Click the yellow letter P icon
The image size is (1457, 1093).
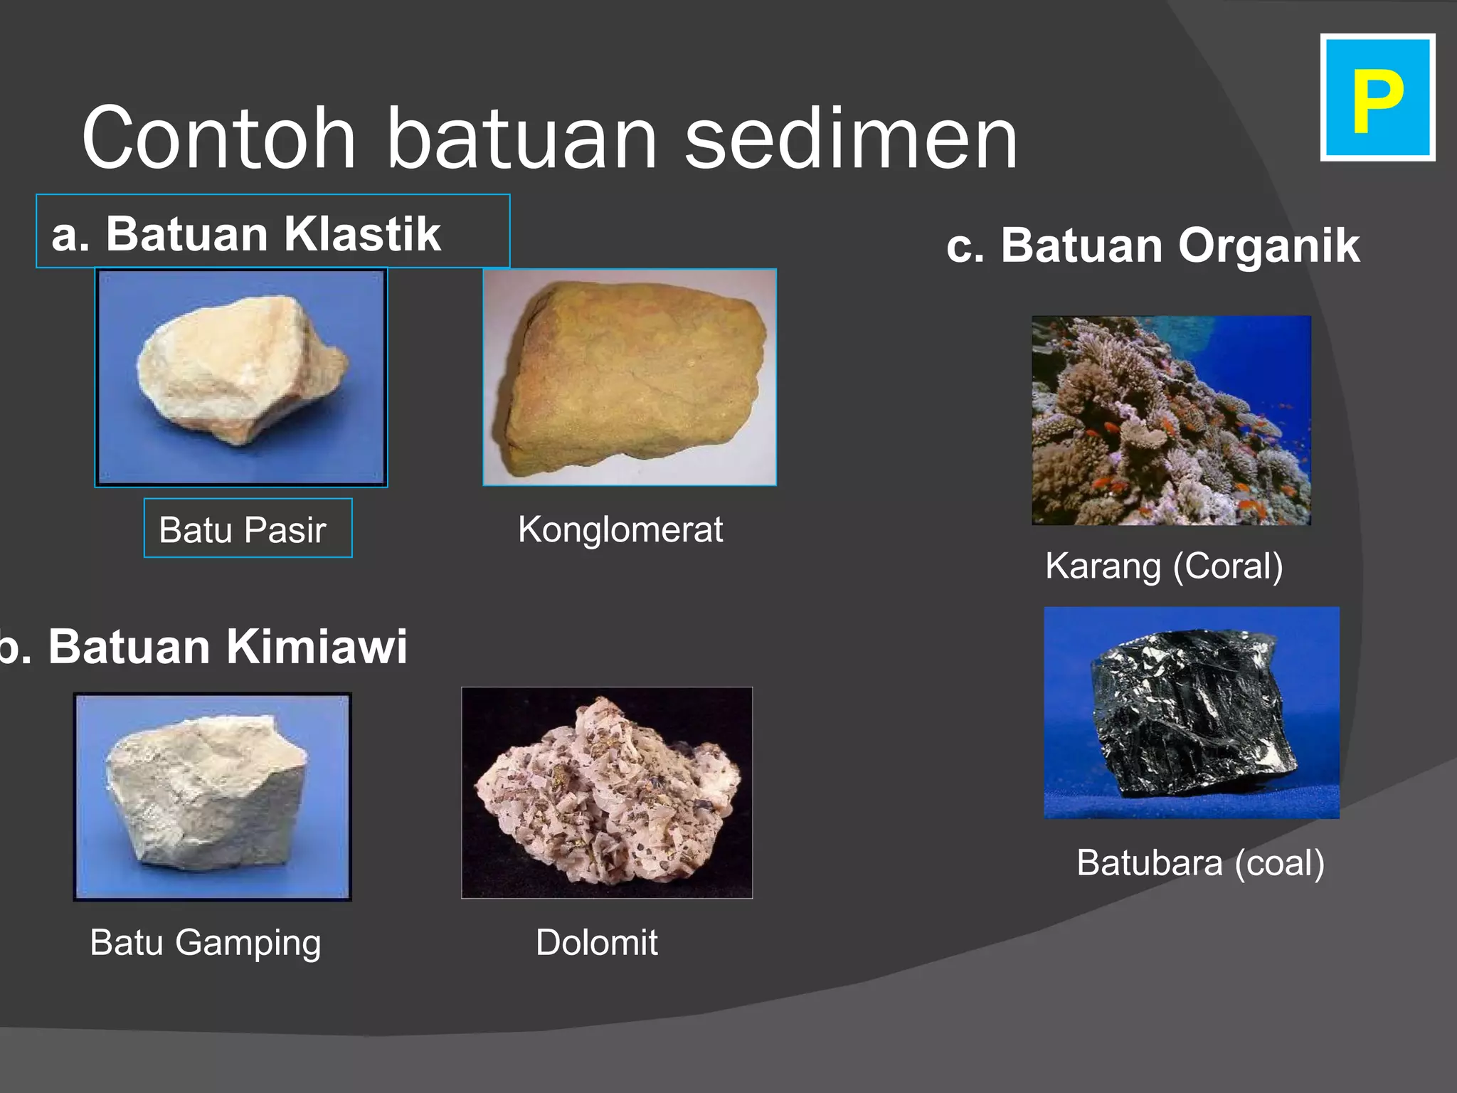pyautogui.click(x=1377, y=98)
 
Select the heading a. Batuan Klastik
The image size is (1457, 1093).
pyautogui.click(x=246, y=233)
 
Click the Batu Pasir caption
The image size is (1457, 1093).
pyautogui.click(x=243, y=530)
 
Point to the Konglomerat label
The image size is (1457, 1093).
pyautogui.click(x=620, y=530)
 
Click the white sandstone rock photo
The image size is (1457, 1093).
pyautogui.click(x=240, y=370)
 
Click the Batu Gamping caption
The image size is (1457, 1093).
pyautogui.click(x=206, y=943)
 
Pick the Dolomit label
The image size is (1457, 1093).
pyautogui.click(x=596, y=943)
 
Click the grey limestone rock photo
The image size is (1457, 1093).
pyautogui.click(x=210, y=793)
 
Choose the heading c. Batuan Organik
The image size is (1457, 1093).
pyautogui.click(x=1153, y=245)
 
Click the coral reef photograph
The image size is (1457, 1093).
pyautogui.click(x=1170, y=420)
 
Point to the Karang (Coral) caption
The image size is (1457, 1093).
pyautogui.click(x=1164, y=566)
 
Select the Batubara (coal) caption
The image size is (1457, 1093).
pyautogui.click(x=1200, y=863)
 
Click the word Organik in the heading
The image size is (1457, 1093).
pyautogui.click(x=1268, y=245)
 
